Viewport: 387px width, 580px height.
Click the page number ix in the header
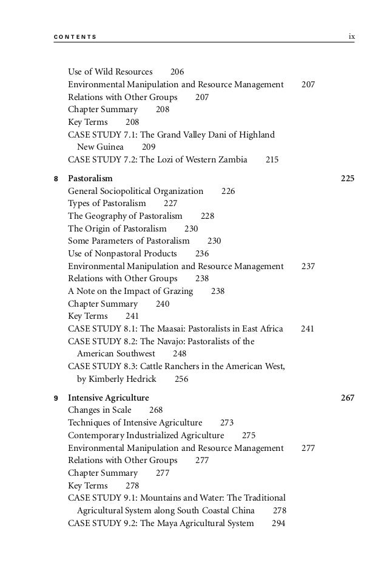click(x=351, y=37)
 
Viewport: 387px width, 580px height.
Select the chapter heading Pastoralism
click(x=90, y=179)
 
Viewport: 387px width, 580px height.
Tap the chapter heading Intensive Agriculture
click(x=108, y=398)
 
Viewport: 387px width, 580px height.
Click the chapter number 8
click(x=56, y=179)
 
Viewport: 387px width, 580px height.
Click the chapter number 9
click(x=56, y=399)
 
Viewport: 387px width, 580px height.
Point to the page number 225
click(x=347, y=179)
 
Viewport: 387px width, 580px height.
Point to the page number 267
click(x=347, y=398)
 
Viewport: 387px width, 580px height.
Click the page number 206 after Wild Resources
click(x=177, y=72)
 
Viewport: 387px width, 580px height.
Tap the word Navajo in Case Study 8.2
click(x=175, y=341)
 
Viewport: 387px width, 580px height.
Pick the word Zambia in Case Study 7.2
click(x=231, y=160)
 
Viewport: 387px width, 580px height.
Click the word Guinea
click(x=109, y=147)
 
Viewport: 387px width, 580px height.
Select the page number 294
click(x=278, y=523)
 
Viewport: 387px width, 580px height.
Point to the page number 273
click(x=227, y=423)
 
